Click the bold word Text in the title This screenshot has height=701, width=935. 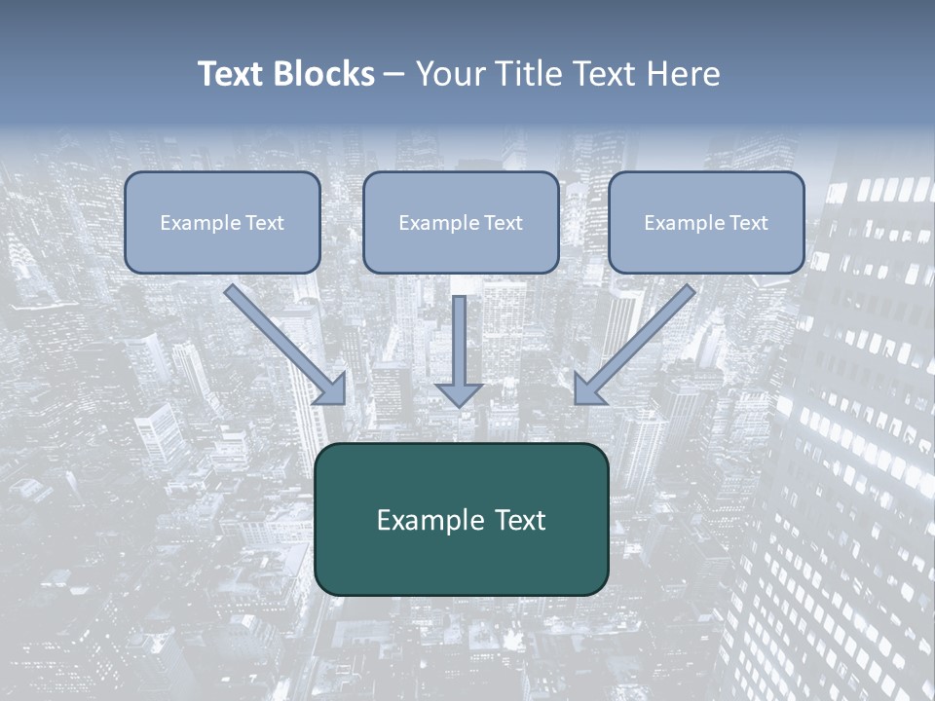click(231, 74)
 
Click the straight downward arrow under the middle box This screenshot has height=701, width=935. click(459, 346)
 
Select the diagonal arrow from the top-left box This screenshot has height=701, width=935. click(282, 342)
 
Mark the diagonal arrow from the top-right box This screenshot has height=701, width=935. click(637, 342)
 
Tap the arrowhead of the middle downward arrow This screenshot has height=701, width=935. click(459, 394)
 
